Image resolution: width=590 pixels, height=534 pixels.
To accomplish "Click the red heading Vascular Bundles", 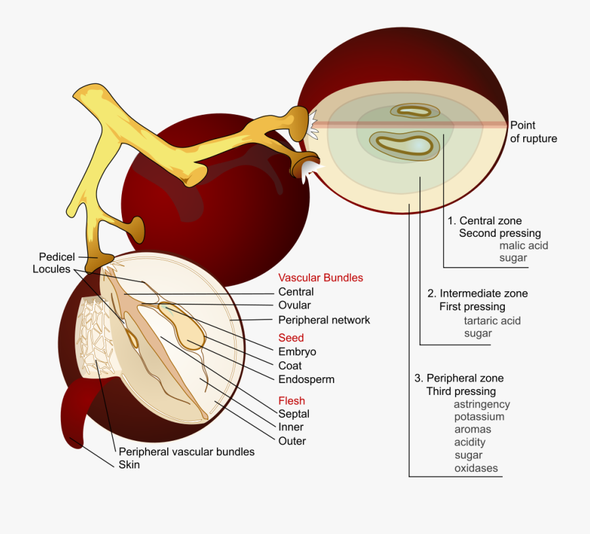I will pyautogui.click(x=321, y=277).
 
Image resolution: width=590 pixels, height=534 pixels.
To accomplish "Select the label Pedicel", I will pyautogui.click(x=57, y=257).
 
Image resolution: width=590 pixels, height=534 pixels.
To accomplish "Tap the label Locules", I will pyautogui.click(x=51, y=270).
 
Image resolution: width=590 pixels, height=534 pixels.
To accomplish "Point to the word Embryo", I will pyautogui.click(x=296, y=352).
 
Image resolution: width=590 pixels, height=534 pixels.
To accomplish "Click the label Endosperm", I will pyautogui.click(x=306, y=379).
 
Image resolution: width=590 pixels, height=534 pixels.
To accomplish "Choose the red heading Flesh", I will pyautogui.click(x=292, y=400).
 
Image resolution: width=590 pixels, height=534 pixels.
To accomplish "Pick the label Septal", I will pyautogui.click(x=294, y=414).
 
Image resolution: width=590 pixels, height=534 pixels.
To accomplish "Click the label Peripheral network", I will pyautogui.click(x=324, y=320).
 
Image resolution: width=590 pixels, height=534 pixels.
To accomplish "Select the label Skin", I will pyautogui.click(x=129, y=464).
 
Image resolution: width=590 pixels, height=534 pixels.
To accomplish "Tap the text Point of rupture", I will pyautogui.click(x=533, y=132).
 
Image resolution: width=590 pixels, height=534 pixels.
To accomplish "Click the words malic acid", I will pyautogui.click(x=523, y=245).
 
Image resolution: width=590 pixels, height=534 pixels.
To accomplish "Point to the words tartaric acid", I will pyautogui.click(x=492, y=320).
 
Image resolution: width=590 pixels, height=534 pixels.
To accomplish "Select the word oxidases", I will pyautogui.click(x=476, y=468).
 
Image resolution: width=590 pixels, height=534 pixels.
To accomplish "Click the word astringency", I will pyautogui.click(x=482, y=404).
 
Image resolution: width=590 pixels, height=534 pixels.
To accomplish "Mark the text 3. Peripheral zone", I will pyautogui.click(x=459, y=378).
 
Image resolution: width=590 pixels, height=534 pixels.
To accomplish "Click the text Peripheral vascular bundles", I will pyautogui.click(x=187, y=451).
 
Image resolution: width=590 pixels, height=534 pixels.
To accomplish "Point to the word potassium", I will pyautogui.click(x=479, y=417).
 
